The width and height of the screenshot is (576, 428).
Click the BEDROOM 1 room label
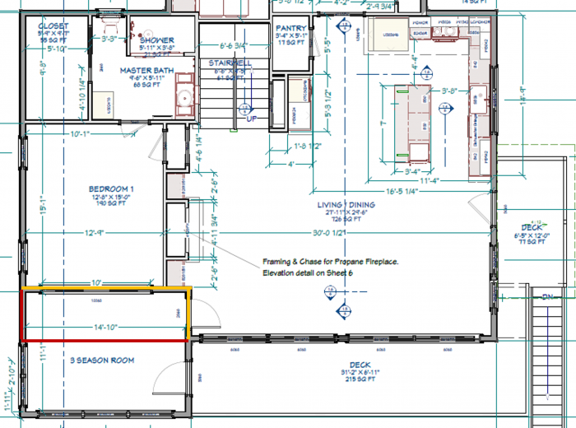pyautogui.click(x=111, y=189)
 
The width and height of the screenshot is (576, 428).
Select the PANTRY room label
pyautogui.click(x=291, y=28)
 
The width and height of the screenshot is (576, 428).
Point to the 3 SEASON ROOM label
pyautogui.click(x=102, y=361)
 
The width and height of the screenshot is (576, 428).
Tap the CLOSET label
pyautogui.click(x=53, y=26)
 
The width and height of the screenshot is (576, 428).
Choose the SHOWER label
pyautogui.click(x=156, y=40)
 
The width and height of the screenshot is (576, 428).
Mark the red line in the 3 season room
pyautogui.click(x=103, y=339)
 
